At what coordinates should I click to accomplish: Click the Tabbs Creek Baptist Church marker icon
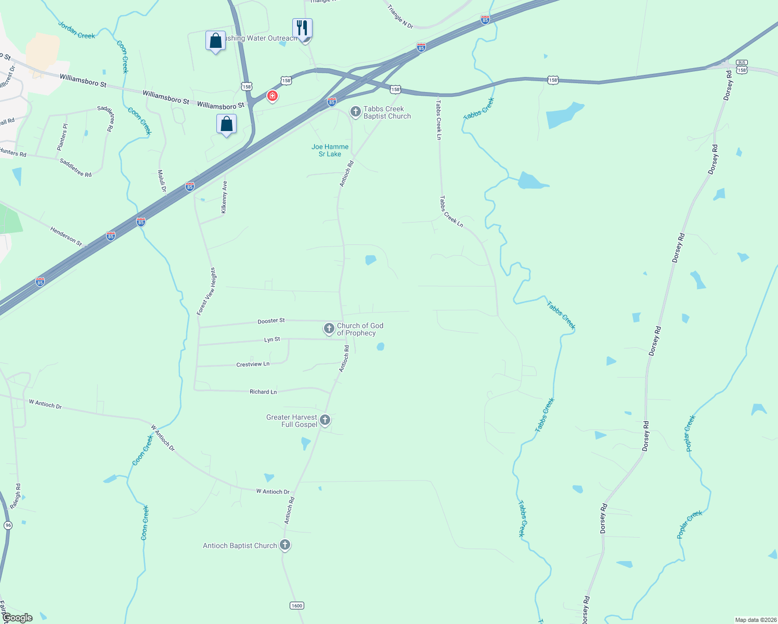(x=355, y=112)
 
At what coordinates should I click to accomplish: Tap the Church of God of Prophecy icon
(x=329, y=329)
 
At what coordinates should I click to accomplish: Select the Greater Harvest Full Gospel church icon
(x=325, y=420)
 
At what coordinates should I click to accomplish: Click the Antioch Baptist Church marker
(x=284, y=545)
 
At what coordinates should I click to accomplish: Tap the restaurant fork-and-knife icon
(x=302, y=28)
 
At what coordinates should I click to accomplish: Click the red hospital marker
(x=272, y=96)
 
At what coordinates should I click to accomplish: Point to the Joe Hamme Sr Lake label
(x=330, y=150)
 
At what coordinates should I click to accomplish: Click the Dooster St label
(x=271, y=321)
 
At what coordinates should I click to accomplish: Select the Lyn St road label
(x=272, y=340)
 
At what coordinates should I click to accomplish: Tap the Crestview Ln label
(x=253, y=365)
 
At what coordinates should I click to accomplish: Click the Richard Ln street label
(x=263, y=392)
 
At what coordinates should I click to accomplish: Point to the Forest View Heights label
(x=206, y=291)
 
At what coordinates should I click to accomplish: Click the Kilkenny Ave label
(x=224, y=197)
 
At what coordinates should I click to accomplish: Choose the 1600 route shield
(x=296, y=605)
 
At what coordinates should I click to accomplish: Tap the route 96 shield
(x=8, y=525)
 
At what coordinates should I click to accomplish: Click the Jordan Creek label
(x=76, y=30)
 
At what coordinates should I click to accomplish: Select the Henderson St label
(x=66, y=236)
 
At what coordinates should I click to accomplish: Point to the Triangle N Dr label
(x=400, y=17)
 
